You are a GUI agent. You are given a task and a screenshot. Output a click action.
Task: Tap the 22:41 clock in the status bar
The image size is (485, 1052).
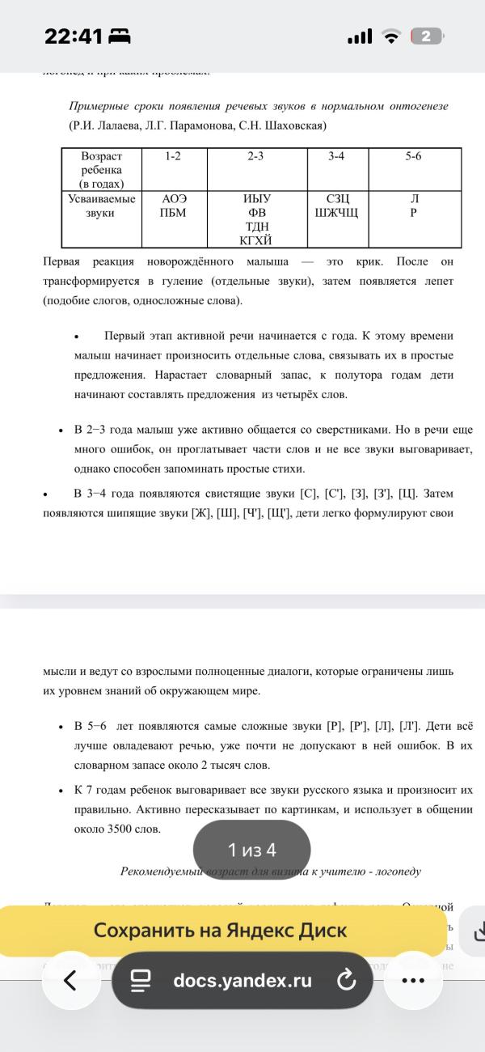74,36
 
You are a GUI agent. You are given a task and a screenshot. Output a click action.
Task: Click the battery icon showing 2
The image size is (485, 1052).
427,36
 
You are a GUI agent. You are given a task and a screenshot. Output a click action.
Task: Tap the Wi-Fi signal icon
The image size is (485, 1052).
392,36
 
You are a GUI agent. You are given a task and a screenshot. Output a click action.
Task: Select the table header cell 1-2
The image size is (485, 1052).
173,156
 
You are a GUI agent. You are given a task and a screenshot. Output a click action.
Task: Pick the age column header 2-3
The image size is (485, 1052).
255,156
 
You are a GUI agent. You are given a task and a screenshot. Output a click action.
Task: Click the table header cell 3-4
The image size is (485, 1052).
336,156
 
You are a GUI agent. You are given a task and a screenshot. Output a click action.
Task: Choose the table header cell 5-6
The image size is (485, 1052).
413,156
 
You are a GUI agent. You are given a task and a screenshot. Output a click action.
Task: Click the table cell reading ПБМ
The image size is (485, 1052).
173,213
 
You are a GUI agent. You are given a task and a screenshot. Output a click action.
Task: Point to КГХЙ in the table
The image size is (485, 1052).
255,240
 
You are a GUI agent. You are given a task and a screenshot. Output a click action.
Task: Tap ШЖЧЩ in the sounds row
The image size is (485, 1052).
336,213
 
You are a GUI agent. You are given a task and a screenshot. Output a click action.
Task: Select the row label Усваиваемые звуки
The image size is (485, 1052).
101,206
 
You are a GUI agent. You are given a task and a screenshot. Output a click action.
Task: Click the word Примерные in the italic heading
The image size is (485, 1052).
99,107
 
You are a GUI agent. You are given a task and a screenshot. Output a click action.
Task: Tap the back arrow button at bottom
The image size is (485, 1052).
70,981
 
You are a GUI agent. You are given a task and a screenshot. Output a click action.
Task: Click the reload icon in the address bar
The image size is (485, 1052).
345,982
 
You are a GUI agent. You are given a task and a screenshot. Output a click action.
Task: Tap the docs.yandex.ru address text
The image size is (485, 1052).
242,981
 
